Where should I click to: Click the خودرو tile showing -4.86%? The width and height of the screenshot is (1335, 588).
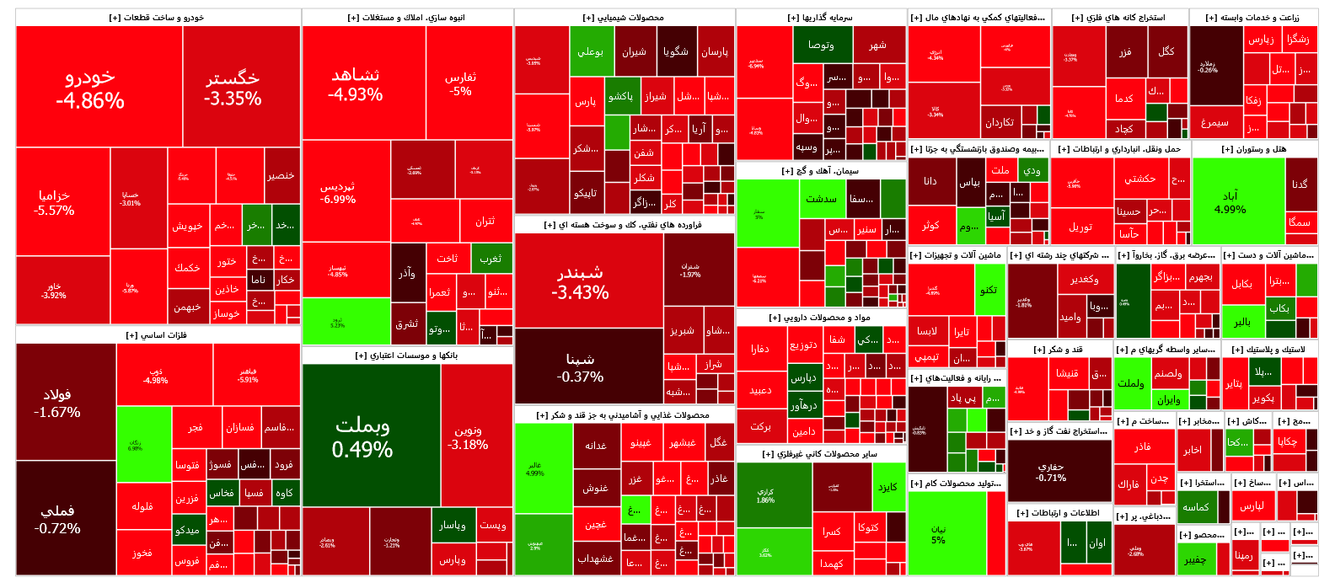point(90,88)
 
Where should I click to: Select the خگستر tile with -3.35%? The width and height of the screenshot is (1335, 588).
point(233,88)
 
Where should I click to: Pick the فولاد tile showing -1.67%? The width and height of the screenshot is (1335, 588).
point(57,403)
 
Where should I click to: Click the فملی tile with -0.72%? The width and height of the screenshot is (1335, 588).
point(57,519)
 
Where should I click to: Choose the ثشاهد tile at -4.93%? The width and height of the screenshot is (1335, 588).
point(355,84)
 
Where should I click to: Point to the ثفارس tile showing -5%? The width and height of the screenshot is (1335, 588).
point(460,83)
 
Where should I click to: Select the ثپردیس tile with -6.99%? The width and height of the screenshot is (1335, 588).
point(338,193)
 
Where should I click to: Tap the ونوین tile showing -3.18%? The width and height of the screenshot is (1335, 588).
point(468,437)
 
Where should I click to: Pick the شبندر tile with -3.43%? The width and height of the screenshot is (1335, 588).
point(580,282)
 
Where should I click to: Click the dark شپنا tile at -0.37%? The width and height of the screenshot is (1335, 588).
point(580,367)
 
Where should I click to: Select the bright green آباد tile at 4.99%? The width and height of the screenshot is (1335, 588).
point(1230,202)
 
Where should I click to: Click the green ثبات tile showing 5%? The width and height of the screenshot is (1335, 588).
point(938,534)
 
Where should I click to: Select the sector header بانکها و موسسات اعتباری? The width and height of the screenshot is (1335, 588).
point(406,355)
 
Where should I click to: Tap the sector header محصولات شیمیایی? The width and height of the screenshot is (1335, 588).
point(624,18)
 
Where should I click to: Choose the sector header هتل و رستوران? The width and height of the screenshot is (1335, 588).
point(1254,149)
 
